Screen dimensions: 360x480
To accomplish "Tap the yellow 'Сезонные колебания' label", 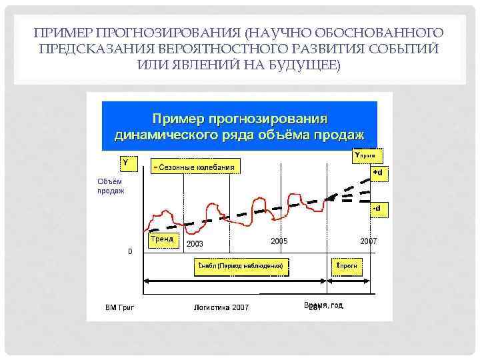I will [x=194, y=166].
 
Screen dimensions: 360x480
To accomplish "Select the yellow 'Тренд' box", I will [x=162, y=239].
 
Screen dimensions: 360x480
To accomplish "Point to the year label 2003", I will [x=195, y=244].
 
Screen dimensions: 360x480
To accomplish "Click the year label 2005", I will [x=279, y=241].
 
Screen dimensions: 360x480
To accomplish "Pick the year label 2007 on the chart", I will [x=368, y=241].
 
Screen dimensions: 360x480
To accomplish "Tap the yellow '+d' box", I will [x=378, y=173].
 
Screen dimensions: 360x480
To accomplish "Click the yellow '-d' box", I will [x=377, y=209].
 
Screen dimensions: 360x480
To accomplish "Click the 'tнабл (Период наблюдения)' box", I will [x=241, y=266].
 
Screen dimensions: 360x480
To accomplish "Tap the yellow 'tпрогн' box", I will [x=347, y=266].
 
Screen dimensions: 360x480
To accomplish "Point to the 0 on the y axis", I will [x=130, y=251].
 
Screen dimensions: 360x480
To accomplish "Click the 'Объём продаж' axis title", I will [x=110, y=185].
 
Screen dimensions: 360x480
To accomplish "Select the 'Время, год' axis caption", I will [x=323, y=305].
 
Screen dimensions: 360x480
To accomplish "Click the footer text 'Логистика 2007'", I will [x=221, y=307].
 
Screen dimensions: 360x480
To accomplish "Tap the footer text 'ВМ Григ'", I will [x=120, y=307].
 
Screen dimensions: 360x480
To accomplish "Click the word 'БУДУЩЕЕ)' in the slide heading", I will [x=309, y=65].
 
